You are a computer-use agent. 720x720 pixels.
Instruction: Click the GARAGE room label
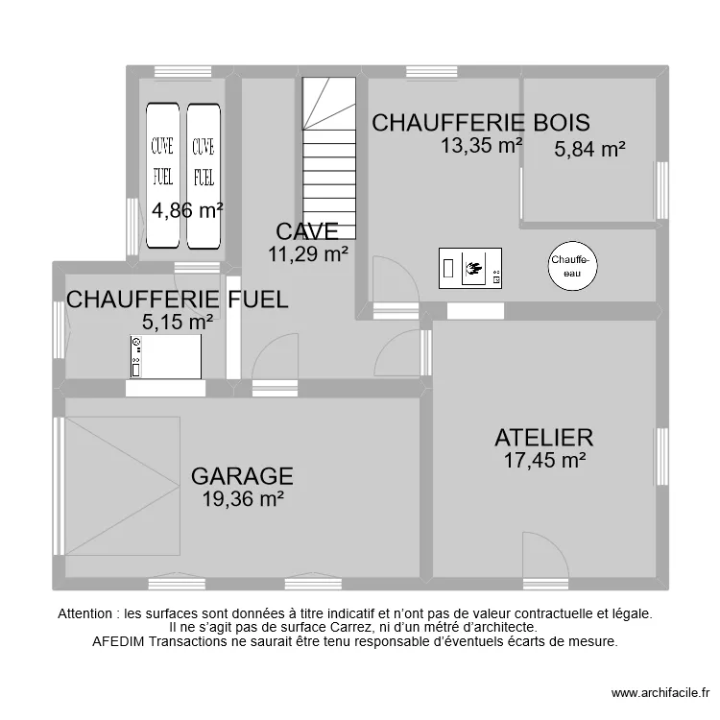(241, 476)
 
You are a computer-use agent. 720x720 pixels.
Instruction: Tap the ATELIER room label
(543, 438)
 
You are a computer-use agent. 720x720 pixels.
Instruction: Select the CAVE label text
(306, 232)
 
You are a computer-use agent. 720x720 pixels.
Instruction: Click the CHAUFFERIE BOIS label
(480, 123)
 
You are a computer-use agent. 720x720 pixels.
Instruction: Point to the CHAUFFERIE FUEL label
(177, 300)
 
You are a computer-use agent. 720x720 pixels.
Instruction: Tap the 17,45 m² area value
(544, 461)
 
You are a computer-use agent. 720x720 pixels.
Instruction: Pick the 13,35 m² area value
(481, 146)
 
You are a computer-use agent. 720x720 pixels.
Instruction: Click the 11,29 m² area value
(307, 254)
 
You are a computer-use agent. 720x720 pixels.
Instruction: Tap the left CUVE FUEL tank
(163, 176)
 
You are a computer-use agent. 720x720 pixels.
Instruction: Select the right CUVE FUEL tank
(204, 176)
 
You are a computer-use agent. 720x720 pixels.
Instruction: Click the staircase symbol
(329, 158)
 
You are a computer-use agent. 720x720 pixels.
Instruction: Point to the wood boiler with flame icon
(470, 269)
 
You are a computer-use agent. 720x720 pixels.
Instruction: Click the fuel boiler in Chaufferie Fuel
(166, 357)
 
